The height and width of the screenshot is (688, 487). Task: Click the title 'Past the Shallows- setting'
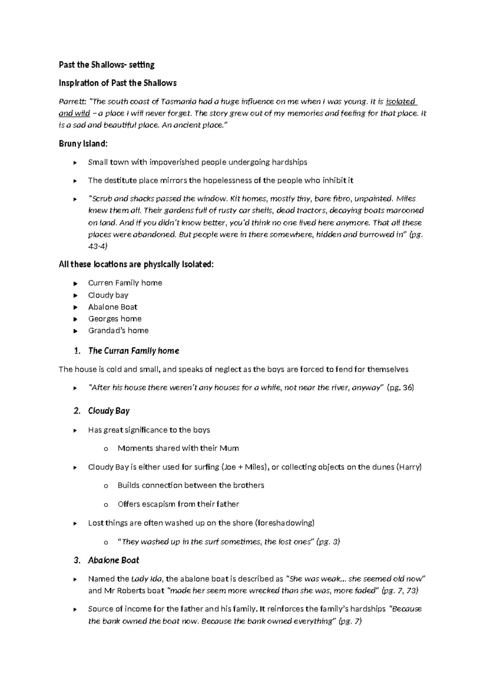107,64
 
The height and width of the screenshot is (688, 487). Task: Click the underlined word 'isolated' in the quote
401,101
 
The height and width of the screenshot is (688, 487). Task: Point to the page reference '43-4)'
98,246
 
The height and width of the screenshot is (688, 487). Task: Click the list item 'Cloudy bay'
108,295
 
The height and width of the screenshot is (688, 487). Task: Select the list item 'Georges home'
114,318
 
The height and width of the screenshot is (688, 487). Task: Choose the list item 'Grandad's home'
118,330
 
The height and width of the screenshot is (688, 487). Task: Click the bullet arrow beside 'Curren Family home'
75,283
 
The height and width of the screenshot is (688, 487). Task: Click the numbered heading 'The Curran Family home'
134,350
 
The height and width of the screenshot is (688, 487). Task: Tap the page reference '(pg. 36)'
400,387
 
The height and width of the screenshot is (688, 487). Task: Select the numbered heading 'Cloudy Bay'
109,411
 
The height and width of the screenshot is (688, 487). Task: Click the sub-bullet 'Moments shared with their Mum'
178,448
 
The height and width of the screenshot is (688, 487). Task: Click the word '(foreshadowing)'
284,523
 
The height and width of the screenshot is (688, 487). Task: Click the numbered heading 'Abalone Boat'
113,560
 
